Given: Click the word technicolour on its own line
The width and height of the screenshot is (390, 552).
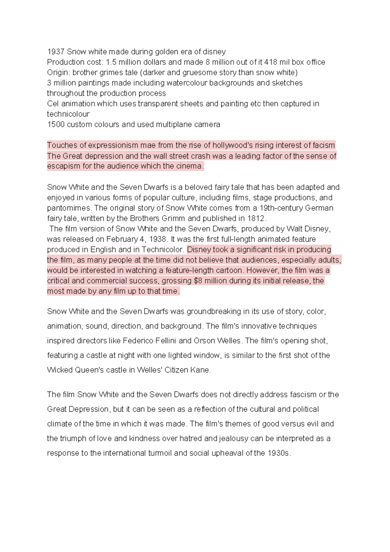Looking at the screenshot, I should (68, 114).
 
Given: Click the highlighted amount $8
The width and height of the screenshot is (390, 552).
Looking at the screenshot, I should (198, 281).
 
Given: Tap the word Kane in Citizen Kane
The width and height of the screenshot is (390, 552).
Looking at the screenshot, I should (201, 370).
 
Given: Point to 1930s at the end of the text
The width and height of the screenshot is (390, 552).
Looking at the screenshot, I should (279, 453).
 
